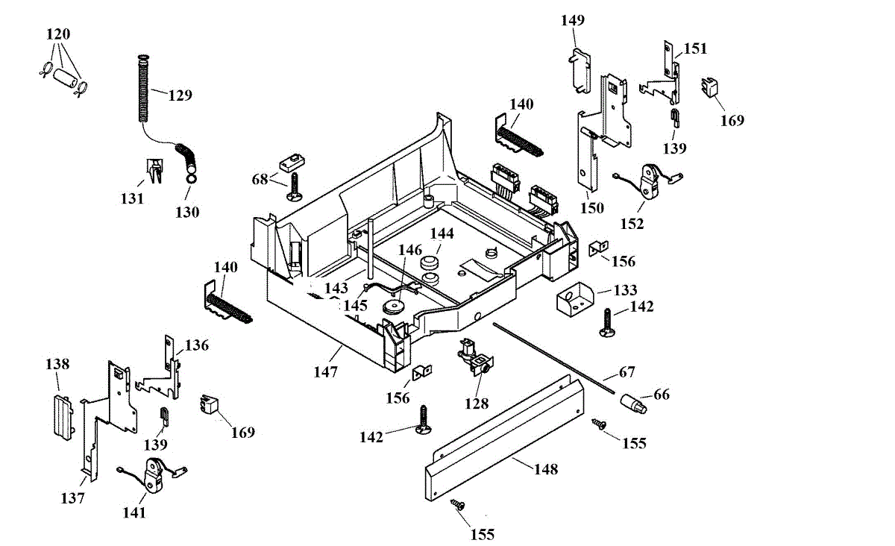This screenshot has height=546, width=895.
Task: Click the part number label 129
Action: click(x=180, y=95)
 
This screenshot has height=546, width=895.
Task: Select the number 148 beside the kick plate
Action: click(x=546, y=469)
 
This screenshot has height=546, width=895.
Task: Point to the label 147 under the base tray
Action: click(x=326, y=372)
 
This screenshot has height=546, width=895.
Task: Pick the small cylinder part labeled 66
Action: click(x=633, y=404)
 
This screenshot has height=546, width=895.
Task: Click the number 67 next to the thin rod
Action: click(x=627, y=372)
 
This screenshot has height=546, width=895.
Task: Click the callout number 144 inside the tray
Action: click(x=442, y=233)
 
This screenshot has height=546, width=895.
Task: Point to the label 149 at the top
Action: click(x=573, y=20)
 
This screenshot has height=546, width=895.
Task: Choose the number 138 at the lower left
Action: click(x=57, y=364)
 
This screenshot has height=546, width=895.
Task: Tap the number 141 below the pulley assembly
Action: click(x=135, y=513)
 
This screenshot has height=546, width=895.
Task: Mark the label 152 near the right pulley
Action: click(x=632, y=225)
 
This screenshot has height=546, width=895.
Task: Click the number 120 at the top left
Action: click(x=58, y=34)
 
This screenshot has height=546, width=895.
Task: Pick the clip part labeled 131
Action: click(x=154, y=171)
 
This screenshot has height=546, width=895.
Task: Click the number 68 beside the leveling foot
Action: click(x=260, y=180)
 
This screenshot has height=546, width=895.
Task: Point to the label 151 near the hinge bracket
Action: click(x=696, y=48)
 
